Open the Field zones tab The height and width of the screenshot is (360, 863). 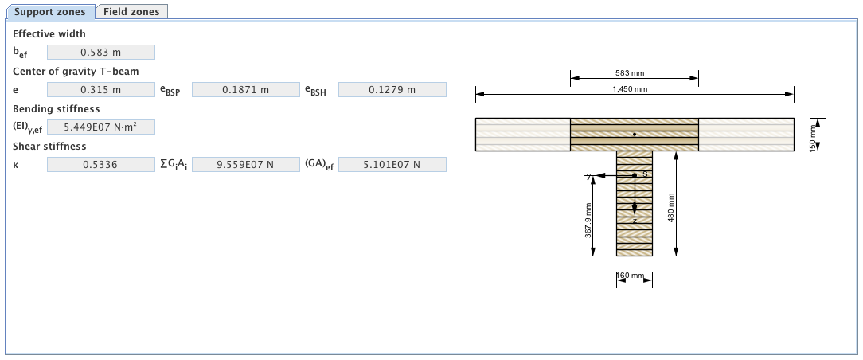pos(131,12)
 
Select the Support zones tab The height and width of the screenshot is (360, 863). pos(49,12)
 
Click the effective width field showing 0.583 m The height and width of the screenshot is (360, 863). pos(101,53)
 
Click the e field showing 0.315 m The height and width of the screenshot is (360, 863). pos(101,90)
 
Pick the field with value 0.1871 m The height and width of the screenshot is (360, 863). pos(245,90)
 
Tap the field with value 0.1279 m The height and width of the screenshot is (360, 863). pos(392,90)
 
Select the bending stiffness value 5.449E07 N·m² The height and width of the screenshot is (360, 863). pos(101,127)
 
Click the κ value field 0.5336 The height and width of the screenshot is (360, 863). pos(101,165)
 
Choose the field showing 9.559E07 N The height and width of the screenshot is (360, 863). pos(245,165)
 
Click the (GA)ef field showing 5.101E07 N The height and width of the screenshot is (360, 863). pos(392,165)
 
